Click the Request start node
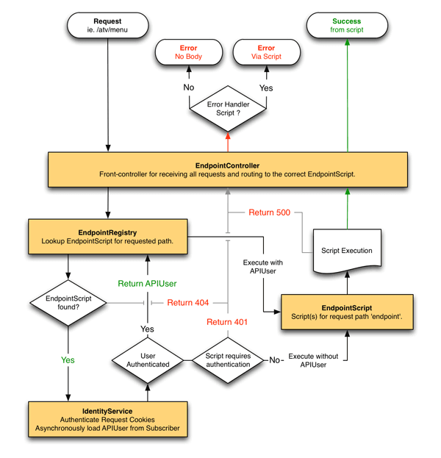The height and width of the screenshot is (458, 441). [108, 26]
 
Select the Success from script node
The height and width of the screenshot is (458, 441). [347, 26]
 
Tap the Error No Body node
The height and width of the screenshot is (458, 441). [189, 52]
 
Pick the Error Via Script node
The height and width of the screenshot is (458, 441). [266, 52]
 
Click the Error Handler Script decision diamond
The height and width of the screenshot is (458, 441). [228, 109]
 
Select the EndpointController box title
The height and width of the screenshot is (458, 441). [228, 165]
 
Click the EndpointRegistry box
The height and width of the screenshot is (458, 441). [108, 237]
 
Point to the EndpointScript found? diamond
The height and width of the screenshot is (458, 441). [68, 303]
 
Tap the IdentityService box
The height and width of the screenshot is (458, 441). [108, 420]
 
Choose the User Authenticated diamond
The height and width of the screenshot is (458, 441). [148, 360]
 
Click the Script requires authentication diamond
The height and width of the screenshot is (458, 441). [228, 360]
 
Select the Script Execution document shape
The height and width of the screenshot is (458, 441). [347, 251]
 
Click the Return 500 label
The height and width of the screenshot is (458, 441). [269, 212]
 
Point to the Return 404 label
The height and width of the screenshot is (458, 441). [187, 303]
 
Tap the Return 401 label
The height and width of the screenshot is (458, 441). [227, 322]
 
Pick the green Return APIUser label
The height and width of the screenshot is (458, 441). [147, 284]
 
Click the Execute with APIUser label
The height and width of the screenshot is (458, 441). [263, 267]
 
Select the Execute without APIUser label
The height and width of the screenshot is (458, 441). [313, 360]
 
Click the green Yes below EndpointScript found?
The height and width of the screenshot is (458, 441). [68, 360]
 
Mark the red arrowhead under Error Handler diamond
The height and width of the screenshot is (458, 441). [228, 135]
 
